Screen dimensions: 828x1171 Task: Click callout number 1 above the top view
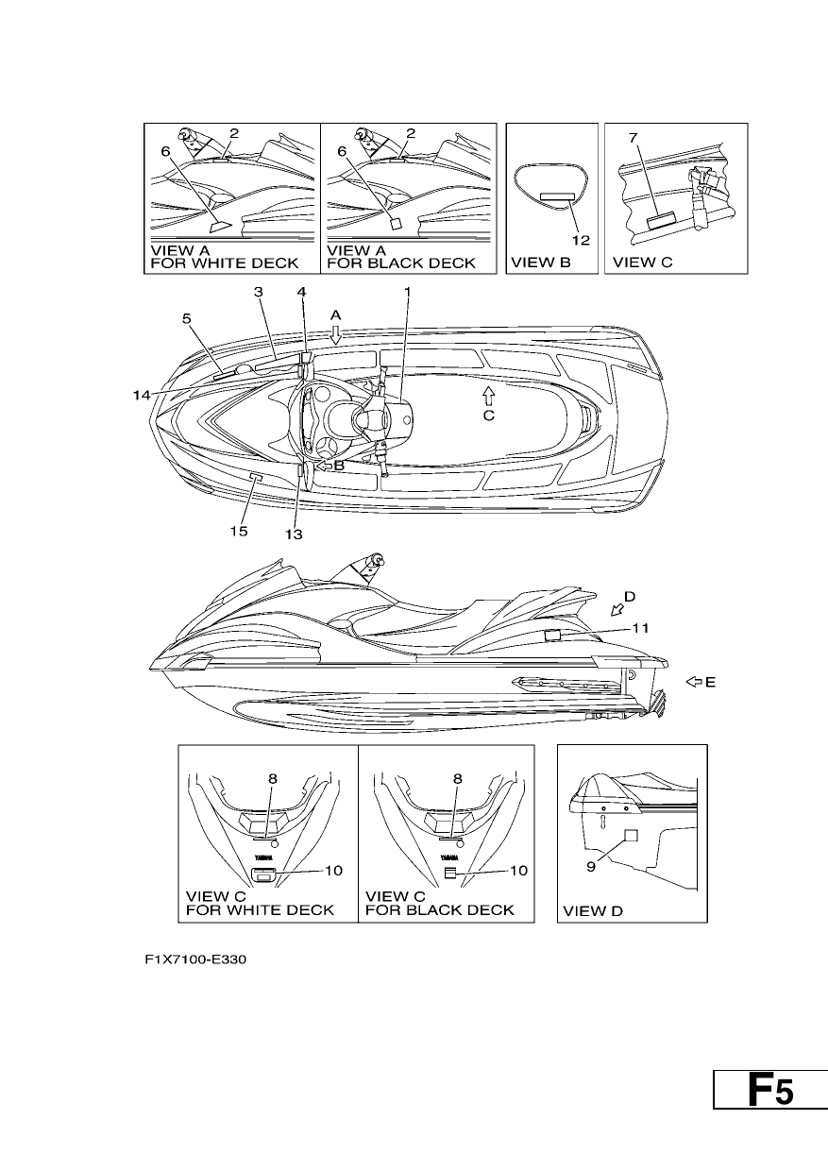point(408,292)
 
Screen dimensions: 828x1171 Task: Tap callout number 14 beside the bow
point(141,395)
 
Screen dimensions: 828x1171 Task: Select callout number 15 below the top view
point(239,531)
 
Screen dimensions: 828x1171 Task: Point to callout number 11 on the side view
point(641,628)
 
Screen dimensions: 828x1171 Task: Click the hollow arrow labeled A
point(335,335)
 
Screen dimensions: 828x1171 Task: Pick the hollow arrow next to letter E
point(694,682)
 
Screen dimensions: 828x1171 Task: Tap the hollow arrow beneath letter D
point(617,609)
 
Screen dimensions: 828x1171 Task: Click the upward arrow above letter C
point(488,395)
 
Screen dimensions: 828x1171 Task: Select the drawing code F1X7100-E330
point(195,959)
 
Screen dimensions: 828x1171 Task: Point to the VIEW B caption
point(540,262)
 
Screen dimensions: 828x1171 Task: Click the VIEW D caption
point(593,910)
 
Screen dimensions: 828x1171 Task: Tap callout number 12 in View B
point(581,241)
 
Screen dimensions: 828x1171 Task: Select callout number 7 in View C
point(633,138)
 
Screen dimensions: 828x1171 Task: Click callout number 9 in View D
point(591,867)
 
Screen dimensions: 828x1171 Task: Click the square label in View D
point(632,836)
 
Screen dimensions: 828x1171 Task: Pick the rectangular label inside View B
point(557,196)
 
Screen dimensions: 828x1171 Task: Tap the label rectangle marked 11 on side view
point(552,636)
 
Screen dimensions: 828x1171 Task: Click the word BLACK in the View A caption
point(396,263)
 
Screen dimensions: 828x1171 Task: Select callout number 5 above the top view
point(187,318)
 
